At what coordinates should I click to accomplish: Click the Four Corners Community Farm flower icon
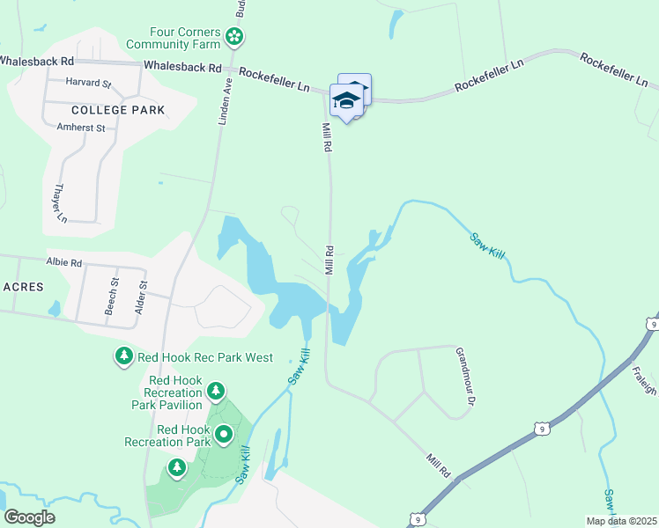coord(234,36)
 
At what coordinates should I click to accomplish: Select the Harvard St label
coord(88,84)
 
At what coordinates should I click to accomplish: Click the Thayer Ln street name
coord(61,202)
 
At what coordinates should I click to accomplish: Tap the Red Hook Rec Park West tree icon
coord(123,356)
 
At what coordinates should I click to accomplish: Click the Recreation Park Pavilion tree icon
coord(215,391)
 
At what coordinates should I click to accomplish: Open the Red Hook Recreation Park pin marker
coord(224,434)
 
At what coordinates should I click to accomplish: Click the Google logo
coord(29,517)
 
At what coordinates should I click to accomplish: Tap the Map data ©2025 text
coord(621,520)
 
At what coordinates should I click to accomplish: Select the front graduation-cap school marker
coord(346,101)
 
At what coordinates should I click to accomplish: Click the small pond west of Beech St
coord(55,308)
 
